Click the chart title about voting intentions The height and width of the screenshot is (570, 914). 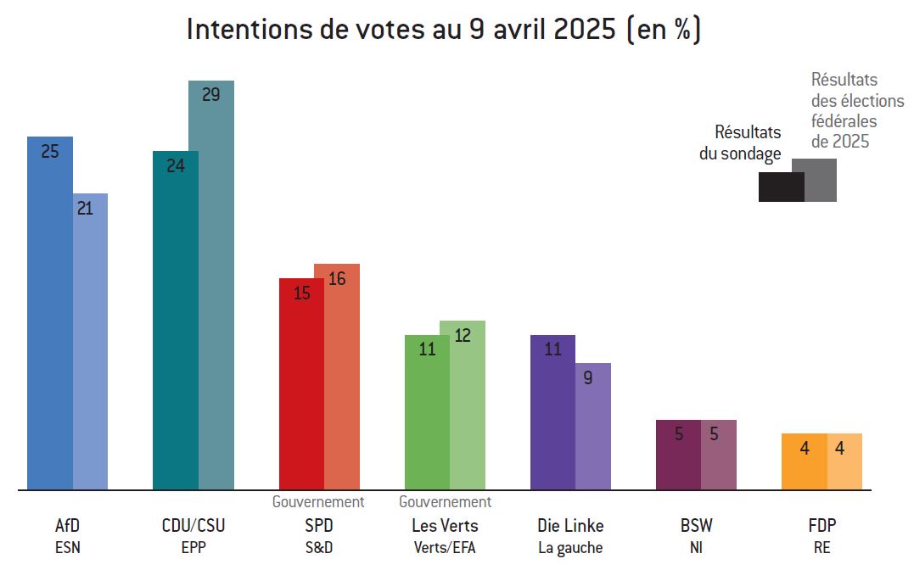pos(443,30)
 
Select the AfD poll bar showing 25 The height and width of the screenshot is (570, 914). pos(50,314)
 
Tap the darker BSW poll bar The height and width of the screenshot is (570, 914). pos(678,455)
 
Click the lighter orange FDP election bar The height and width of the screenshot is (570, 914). pos(844,461)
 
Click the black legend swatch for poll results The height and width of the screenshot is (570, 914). pos(781,187)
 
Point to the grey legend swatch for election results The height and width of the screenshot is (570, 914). pos(821,180)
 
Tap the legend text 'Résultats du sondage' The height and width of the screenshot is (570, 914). pos(739,143)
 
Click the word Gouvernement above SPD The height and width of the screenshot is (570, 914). pos(318,502)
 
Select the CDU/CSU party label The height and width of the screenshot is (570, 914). pos(193,526)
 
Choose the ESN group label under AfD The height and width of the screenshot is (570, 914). pos(67,548)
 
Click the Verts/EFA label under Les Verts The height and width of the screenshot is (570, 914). pos(445,548)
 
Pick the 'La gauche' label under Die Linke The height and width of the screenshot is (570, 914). pos(570,548)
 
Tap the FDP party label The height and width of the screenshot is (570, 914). pos(821,526)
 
